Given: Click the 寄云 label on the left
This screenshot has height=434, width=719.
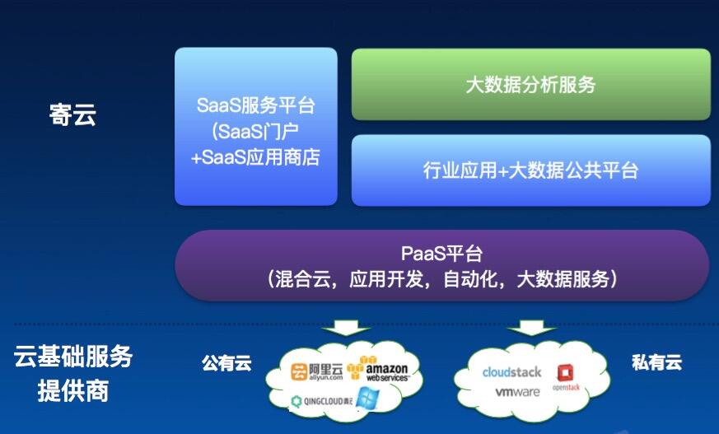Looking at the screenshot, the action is (72, 114).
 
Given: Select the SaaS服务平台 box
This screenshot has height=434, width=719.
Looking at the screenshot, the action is (256, 127).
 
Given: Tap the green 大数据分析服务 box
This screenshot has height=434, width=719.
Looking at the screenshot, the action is (531, 84).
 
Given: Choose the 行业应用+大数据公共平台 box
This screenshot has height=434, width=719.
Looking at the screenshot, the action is (531, 170).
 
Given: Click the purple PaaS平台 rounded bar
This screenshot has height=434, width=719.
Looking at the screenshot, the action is (442, 265).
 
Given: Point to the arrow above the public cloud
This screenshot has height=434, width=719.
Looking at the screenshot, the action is (346, 328).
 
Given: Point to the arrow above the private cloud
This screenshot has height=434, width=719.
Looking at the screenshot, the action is (532, 328).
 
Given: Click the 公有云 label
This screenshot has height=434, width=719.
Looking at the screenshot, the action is (226, 363).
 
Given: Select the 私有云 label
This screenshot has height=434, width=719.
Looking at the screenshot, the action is (656, 362).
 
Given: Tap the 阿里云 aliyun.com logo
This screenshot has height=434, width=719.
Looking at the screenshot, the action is (317, 371).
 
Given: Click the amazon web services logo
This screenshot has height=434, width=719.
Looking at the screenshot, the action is (378, 369).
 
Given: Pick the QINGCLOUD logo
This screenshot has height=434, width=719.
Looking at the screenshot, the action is (322, 401).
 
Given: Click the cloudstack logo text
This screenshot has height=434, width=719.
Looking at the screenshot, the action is (511, 371).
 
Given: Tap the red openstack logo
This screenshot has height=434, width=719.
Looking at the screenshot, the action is (566, 378).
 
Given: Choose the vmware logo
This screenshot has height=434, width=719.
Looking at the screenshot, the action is (517, 392).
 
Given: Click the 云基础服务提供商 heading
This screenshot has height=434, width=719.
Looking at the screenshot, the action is (73, 373).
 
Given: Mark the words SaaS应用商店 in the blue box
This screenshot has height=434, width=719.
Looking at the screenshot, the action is (260, 157).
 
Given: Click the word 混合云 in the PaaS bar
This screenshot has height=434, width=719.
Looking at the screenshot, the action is (302, 279).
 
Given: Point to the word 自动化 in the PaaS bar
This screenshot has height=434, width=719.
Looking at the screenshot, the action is (471, 279).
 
